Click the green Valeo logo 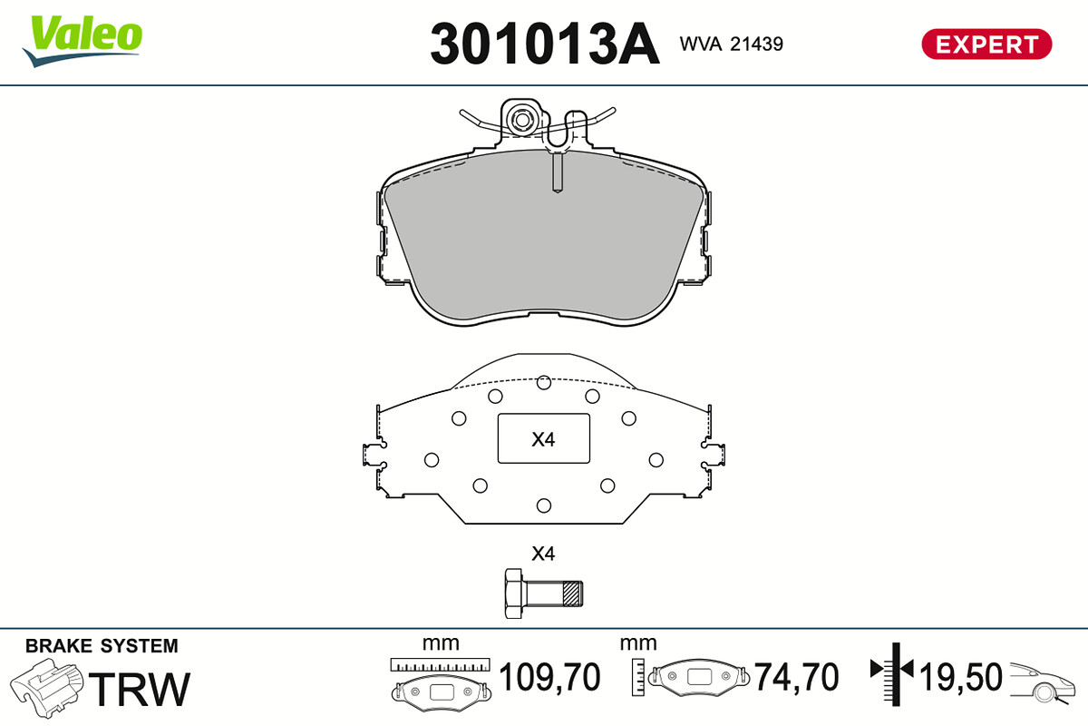[x=83, y=40]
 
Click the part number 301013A [x=545, y=44]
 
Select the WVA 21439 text [x=731, y=44]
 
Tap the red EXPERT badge [x=986, y=44]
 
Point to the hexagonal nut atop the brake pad [x=521, y=120]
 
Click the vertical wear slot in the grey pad [x=558, y=172]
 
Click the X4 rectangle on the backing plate [x=543, y=438]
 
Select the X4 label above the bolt [x=543, y=554]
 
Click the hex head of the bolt [x=514, y=594]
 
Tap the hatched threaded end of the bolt [x=572, y=594]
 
